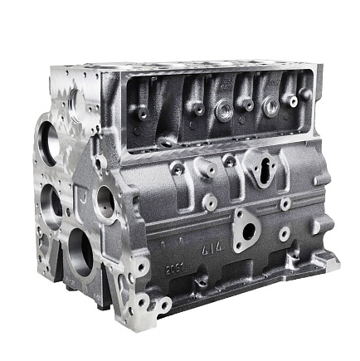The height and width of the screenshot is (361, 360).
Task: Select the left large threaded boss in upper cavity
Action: (x=225, y=108)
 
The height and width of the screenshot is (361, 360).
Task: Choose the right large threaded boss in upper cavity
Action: (x=270, y=105)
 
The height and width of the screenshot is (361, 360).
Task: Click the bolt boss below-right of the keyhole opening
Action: (x=285, y=202)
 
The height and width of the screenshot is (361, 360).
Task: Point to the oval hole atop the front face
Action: (x=75, y=100)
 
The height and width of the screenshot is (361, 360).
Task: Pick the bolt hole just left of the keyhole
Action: (x=230, y=159)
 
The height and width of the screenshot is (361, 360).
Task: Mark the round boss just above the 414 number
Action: (x=211, y=200)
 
